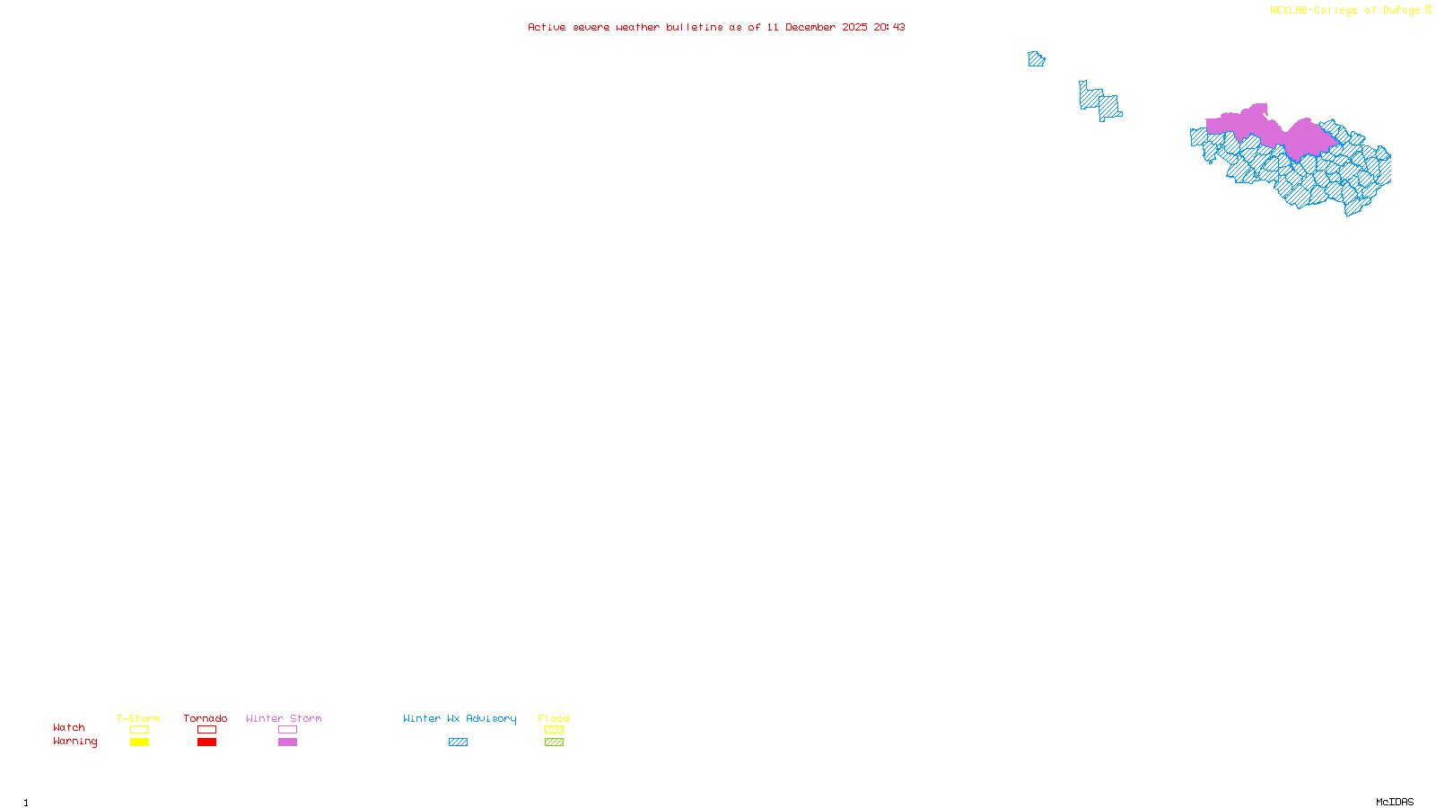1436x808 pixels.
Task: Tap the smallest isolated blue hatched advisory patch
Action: point(1036,59)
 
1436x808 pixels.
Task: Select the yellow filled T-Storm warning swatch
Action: point(139,742)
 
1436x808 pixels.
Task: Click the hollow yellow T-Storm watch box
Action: point(139,730)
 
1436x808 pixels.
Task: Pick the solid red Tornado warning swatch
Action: point(206,742)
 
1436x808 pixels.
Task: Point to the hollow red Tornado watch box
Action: point(206,730)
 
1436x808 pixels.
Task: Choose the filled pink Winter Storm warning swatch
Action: point(287,742)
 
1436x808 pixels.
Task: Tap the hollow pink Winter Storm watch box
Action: point(287,730)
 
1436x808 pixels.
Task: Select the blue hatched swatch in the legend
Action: point(458,742)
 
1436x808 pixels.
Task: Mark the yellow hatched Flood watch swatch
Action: point(554,730)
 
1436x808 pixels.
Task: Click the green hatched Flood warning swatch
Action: point(554,742)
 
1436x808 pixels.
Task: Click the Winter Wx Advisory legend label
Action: point(460,718)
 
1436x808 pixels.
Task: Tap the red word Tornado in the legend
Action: point(206,718)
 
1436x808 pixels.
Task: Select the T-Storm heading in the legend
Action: point(138,718)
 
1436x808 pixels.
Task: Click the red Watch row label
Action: point(69,727)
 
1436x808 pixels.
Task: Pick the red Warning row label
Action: point(74,742)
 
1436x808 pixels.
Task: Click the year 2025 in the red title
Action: point(854,27)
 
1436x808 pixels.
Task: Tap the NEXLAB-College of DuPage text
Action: point(1344,11)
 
